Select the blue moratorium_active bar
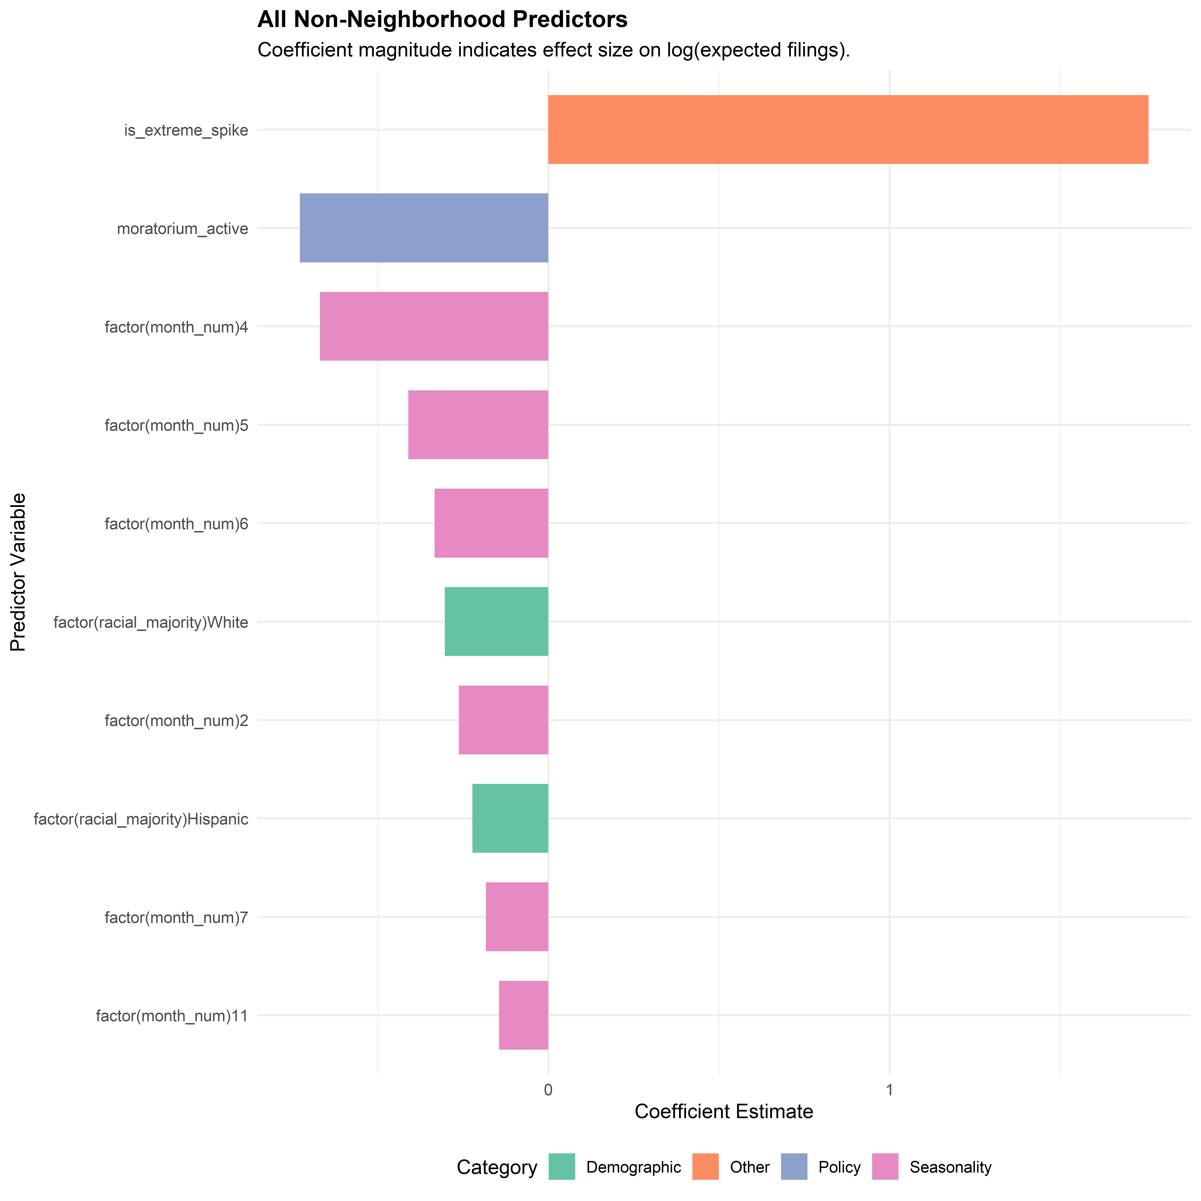424,228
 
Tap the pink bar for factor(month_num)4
434,326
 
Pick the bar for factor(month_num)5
478,425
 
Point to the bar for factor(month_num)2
504,720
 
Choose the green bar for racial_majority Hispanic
510,818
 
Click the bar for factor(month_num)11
523,1015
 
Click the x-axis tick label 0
548,1090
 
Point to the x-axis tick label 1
890,1090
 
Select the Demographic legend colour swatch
562,1167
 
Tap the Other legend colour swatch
706,1167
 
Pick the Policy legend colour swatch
794,1167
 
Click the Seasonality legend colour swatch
885,1167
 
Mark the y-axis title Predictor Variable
19,572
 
